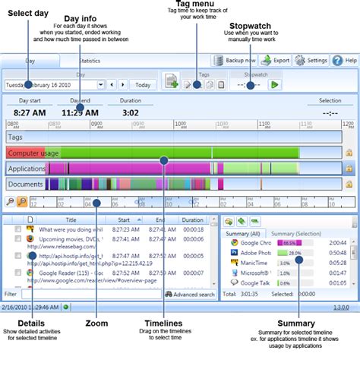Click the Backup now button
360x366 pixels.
pyautogui.click(x=236, y=60)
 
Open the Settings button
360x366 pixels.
pyautogui.click(x=311, y=60)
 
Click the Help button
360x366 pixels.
pyautogui.click(x=346, y=60)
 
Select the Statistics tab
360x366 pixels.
pyautogui.click(x=90, y=60)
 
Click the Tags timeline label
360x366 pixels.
pyautogui.click(x=17, y=137)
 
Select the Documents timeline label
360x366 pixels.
pyautogui.click(x=27, y=184)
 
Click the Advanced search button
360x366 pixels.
pyautogui.click(x=190, y=293)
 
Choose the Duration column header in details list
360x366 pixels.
pyautogui.click(x=192, y=220)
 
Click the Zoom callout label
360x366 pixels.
pyautogui.click(x=96, y=323)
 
